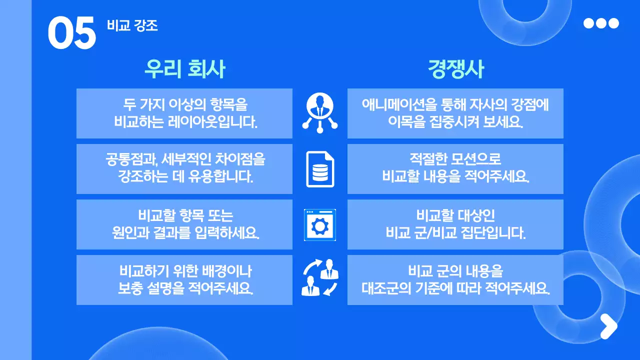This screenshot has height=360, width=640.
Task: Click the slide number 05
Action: tap(71, 33)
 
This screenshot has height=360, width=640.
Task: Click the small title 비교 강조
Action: tap(132, 25)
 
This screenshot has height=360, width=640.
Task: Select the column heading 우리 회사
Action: tap(184, 69)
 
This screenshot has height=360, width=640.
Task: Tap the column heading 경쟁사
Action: tap(455, 69)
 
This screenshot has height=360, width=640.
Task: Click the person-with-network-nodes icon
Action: tap(320, 113)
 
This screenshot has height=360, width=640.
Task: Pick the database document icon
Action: tap(320, 169)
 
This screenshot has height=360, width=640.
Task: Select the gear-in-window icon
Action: tap(320, 224)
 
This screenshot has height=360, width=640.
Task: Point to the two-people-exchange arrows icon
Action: tap(320, 277)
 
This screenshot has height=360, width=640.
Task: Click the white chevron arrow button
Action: tap(608, 326)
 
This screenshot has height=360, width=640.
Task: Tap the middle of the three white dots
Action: tap(601, 23)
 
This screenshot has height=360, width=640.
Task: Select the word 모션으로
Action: tap(474, 160)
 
